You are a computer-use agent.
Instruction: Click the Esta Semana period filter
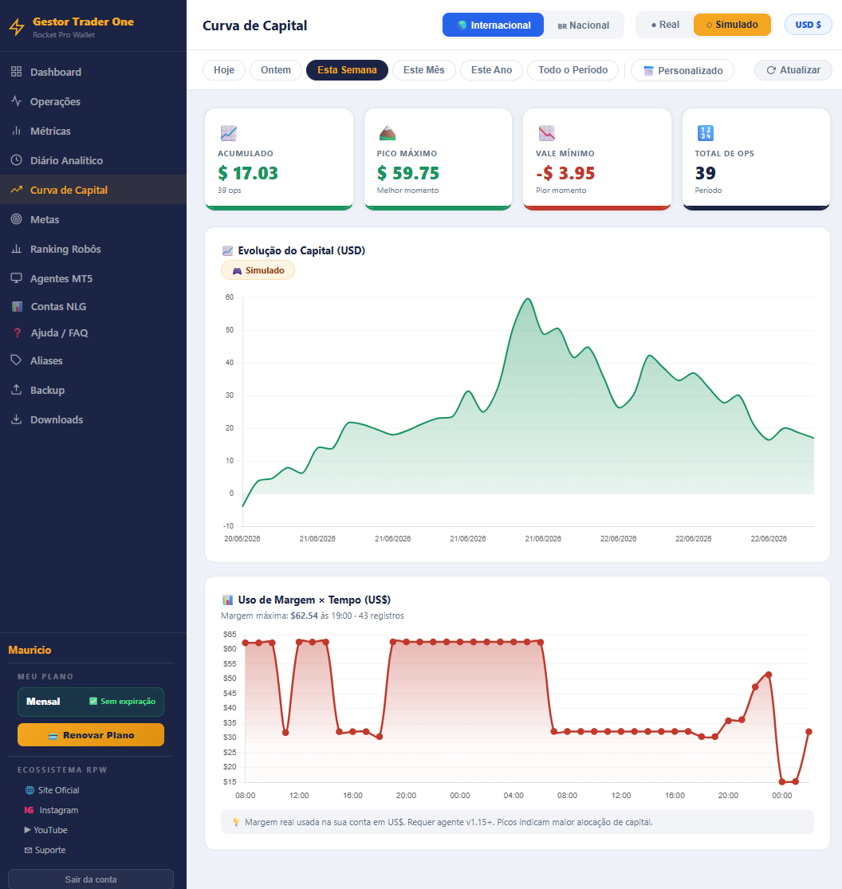[x=347, y=69]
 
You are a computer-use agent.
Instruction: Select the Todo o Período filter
[x=572, y=69]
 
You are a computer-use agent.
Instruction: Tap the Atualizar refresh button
[x=793, y=69]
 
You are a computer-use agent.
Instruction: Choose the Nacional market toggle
[x=584, y=25]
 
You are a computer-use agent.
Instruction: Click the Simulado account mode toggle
[x=732, y=25]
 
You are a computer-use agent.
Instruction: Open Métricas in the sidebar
[x=50, y=131]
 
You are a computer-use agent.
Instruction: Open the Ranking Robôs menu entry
[x=65, y=249]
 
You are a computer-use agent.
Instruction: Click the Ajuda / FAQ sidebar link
[x=59, y=332]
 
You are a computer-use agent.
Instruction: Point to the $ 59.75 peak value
[x=408, y=173]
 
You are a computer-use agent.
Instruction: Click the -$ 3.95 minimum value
[x=565, y=173]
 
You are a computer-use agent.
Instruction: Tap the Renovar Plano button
[x=91, y=735]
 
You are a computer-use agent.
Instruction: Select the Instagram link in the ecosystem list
[x=58, y=810]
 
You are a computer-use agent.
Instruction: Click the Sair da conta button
[x=91, y=879]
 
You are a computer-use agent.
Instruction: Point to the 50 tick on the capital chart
[x=229, y=330]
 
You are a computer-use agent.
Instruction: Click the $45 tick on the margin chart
[x=230, y=694]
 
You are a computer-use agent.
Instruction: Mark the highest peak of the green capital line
[x=528, y=299]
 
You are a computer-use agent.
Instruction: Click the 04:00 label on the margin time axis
[x=513, y=796]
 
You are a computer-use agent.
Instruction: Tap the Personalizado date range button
[x=683, y=70]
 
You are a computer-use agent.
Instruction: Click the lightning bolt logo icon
[x=17, y=26]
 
